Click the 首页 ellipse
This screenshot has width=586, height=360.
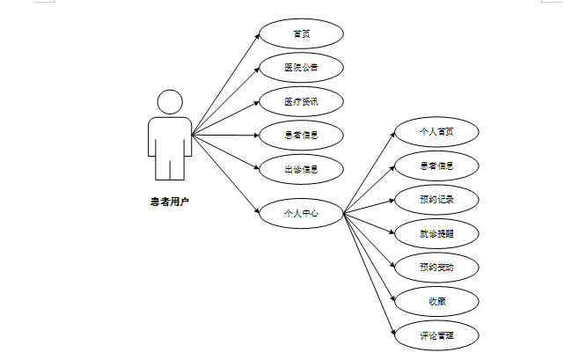coord(301,34)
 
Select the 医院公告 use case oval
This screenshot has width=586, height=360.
coord(301,68)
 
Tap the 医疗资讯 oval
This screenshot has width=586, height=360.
coord(301,101)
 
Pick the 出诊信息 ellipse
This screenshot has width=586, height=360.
coord(301,169)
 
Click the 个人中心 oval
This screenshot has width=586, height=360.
coord(301,212)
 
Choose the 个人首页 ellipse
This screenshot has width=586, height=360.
coord(436,132)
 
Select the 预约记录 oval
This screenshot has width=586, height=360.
coord(436,199)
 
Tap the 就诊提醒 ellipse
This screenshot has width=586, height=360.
coord(436,232)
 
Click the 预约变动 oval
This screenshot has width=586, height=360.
coord(436,267)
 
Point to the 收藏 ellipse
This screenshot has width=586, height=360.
coord(436,301)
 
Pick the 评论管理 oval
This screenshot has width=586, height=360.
coord(436,334)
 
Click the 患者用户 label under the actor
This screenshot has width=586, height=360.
coord(169,202)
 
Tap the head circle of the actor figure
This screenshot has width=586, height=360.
coord(169,101)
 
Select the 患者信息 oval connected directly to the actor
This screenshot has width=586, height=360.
coord(301,136)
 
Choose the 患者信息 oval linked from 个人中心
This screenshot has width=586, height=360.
coord(436,165)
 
